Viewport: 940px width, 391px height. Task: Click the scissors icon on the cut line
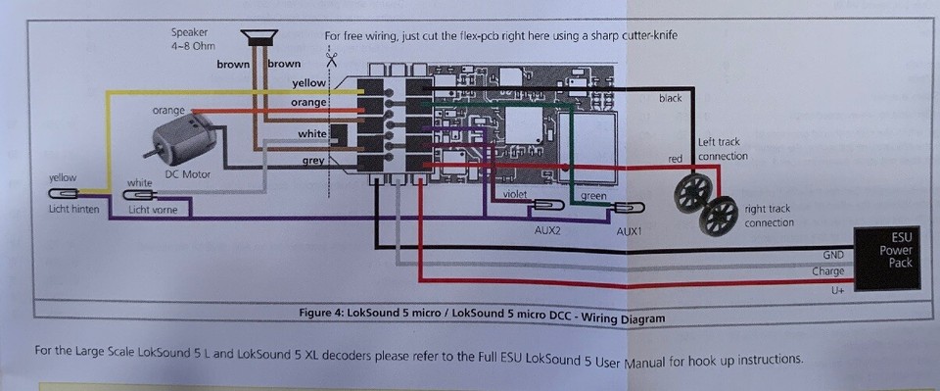click(x=332, y=60)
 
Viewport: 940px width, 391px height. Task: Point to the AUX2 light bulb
click(x=546, y=207)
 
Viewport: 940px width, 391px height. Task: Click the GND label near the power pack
click(x=832, y=253)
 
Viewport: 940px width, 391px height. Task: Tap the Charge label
click(x=827, y=271)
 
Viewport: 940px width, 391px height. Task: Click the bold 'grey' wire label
click(x=313, y=160)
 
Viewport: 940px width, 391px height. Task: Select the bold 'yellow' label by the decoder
click(x=309, y=83)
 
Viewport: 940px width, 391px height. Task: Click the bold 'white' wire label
click(x=311, y=133)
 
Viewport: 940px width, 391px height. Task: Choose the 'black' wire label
click(x=670, y=99)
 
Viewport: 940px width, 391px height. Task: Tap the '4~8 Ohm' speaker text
click(x=193, y=45)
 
